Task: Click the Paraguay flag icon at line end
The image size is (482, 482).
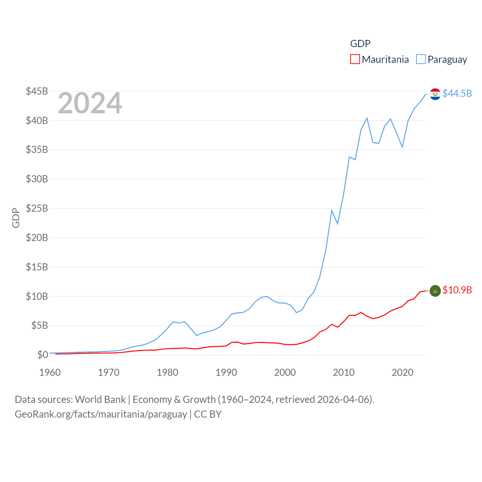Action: pyautogui.click(x=435, y=94)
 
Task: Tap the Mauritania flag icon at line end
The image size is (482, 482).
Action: pyautogui.click(x=435, y=291)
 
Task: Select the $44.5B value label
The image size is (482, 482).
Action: pyautogui.click(x=457, y=93)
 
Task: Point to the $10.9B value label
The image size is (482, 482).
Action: pyautogui.click(x=457, y=290)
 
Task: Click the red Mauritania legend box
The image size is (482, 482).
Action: pyautogui.click(x=355, y=59)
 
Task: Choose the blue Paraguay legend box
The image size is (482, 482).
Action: pyautogui.click(x=421, y=59)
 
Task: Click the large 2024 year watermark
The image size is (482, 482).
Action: pyautogui.click(x=90, y=103)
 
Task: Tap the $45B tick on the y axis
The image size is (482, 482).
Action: pyautogui.click(x=37, y=91)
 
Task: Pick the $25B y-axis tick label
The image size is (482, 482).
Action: pyautogui.click(x=37, y=208)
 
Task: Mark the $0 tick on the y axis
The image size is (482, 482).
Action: pyautogui.click(x=43, y=355)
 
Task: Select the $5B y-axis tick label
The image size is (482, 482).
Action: pyautogui.click(x=40, y=325)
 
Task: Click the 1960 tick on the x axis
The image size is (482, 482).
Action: pyautogui.click(x=50, y=372)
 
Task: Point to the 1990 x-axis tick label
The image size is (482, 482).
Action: pyautogui.click(x=226, y=372)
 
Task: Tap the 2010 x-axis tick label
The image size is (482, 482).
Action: pyautogui.click(x=344, y=372)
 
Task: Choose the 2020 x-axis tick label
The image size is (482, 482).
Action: pyautogui.click(x=403, y=372)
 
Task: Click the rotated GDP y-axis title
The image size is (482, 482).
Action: pyautogui.click(x=16, y=218)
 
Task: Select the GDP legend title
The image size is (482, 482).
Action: pyautogui.click(x=360, y=44)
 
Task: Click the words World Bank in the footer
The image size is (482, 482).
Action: pyautogui.click(x=101, y=400)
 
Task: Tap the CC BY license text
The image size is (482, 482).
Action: pyautogui.click(x=208, y=414)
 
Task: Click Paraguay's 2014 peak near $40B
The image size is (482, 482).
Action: pyautogui.click(x=367, y=118)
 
